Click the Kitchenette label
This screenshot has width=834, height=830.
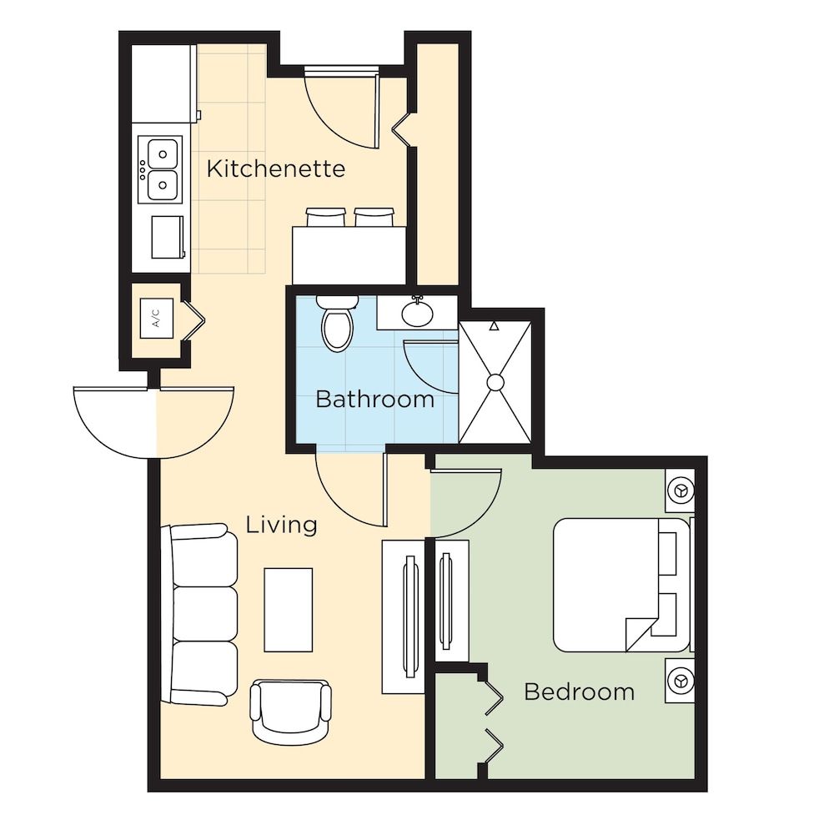[x=275, y=169]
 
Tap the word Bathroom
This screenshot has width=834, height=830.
[x=374, y=400]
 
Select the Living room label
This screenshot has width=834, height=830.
[x=282, y=525]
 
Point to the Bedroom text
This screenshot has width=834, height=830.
[x=579, y=692]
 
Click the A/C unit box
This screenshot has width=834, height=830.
[x=155, y=317]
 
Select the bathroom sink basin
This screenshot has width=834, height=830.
[x=416, y=314]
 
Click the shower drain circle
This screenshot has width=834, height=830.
[x=495, y=383]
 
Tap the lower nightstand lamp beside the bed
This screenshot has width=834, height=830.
[x=681, y=682]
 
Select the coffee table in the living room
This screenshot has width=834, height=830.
[x=289, y=609]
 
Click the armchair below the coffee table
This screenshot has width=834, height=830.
[x=291, y=710]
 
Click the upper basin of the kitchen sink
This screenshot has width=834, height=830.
[x=163, y=153]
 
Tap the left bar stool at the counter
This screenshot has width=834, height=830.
[x=325, y=217]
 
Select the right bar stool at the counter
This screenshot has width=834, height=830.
[x=372, y=217]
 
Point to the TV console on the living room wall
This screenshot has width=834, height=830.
[x=404, y=616]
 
